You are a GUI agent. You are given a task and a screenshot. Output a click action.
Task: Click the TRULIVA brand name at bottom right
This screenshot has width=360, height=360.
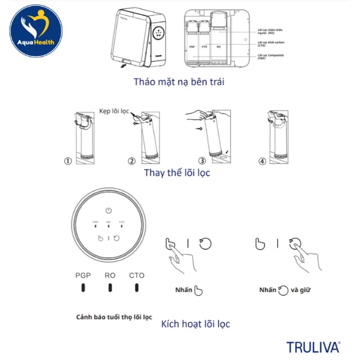coord(313,347)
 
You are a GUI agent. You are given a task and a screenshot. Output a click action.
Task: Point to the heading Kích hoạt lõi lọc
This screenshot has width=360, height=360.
coord(196,324)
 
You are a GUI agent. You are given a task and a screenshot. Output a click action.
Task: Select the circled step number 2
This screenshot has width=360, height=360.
coord(132,161)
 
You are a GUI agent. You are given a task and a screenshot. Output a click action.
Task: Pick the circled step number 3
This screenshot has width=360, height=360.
coord(202,161)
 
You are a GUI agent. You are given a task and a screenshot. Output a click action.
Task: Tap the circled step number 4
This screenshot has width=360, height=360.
coord(262,161)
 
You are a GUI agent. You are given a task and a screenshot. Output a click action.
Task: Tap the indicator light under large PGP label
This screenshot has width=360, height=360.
coord(83,287)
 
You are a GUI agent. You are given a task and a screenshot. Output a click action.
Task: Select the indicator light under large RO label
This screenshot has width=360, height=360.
coord(110,287)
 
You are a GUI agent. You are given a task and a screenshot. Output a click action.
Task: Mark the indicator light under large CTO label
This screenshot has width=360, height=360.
coord(137,287)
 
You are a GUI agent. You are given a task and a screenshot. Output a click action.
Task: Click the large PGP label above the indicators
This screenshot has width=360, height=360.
coord(83,275)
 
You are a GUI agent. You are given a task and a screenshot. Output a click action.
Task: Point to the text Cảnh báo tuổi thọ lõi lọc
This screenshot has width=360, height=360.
coord(114,316)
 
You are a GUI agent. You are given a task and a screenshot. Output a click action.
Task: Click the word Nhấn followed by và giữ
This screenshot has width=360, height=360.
coord(268,290)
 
